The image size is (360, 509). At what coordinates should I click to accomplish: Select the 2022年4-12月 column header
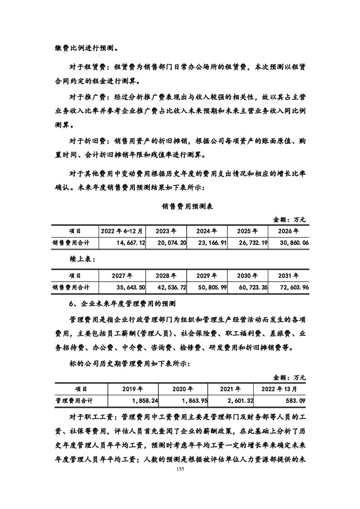coord(122,231)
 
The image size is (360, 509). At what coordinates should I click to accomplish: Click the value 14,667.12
coord(130,243)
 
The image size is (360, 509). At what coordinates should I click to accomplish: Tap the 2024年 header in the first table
coord(207,231)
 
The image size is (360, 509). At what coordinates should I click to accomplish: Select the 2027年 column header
coord(122,275)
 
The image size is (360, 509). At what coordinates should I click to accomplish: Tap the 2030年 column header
coord(247,275)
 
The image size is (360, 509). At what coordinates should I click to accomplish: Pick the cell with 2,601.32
coord(238,401)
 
